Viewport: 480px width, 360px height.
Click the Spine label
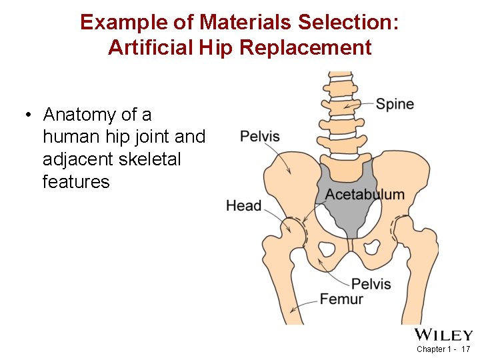(x=395, y=104)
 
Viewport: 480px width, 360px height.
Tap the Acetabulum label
(x=365, y=195)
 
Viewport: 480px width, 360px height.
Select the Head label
(x=244, y=205)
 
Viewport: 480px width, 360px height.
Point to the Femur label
(x=341, y=299)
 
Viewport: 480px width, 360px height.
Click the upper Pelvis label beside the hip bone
(x=260, y=137)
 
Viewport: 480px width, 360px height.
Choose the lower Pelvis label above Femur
(x=371, y=284)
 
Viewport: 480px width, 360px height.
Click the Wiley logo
(x=443, y=335)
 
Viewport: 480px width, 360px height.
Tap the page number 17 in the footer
(x=465, y=349)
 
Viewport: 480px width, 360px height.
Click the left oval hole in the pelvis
(x=327, y=249)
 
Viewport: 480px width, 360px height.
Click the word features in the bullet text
(x=75, y=181)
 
